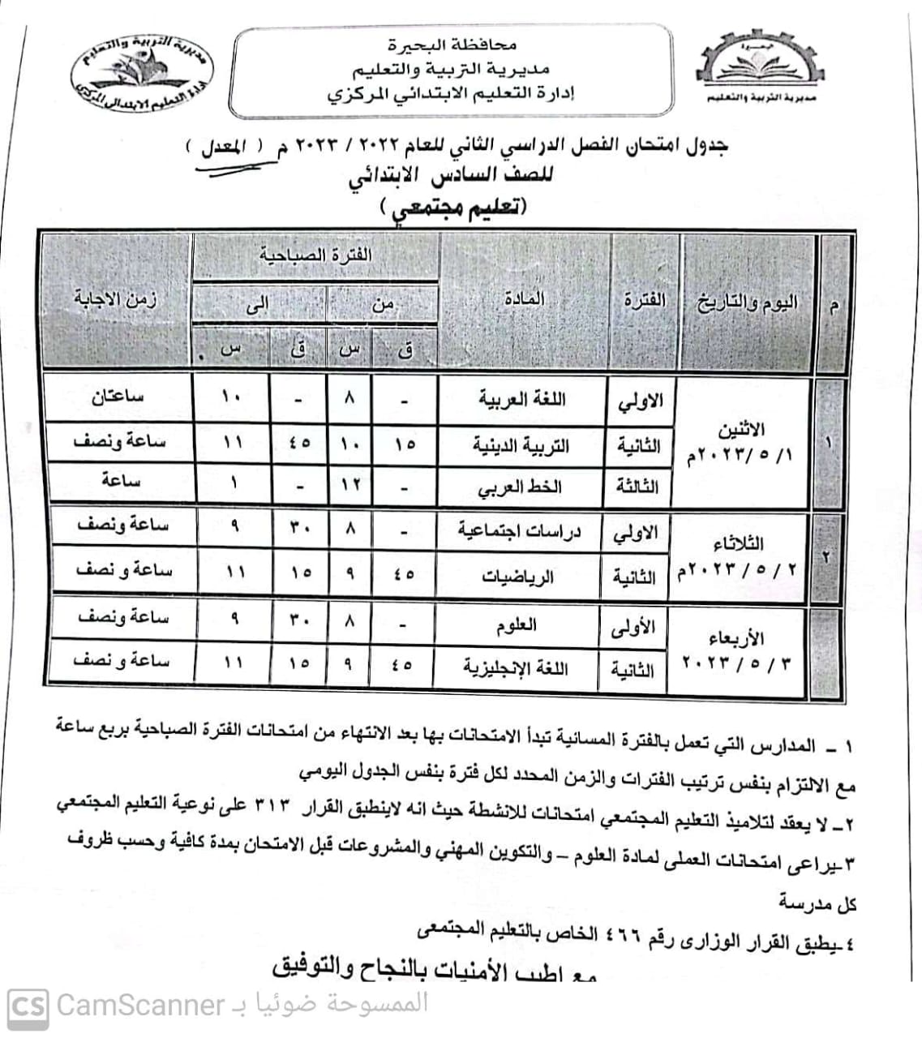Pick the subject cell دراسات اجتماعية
tap(520, 531)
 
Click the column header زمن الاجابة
tap(116, 299)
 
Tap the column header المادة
tap(524, 299)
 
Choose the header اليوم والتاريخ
tap(746, 303)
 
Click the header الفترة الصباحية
tap(315, 255)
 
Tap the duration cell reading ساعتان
tap(118, 397)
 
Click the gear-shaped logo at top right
tap(761, 64)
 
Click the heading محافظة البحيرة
tap(454, 46)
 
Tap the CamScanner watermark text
tap(139, 1006)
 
